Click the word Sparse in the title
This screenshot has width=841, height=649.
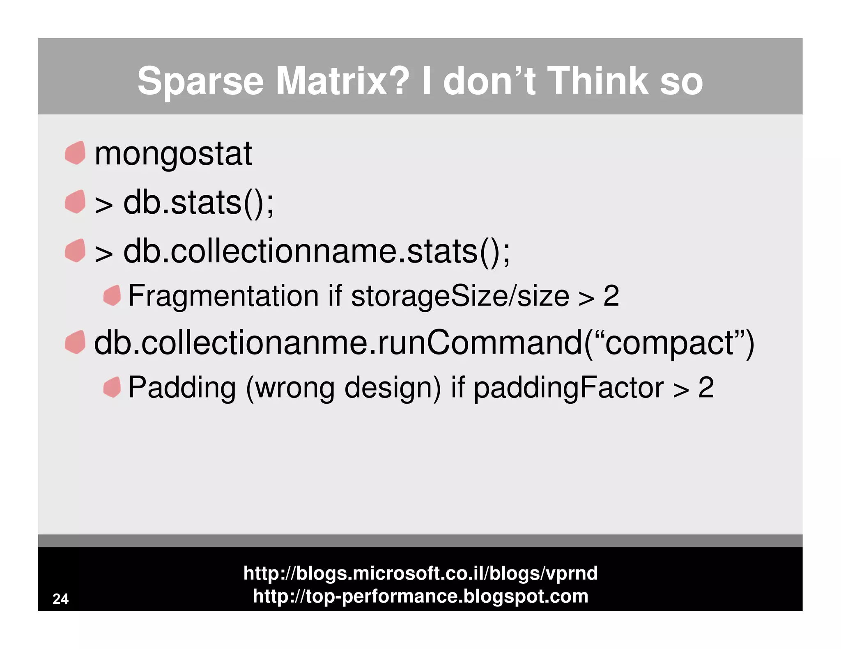pyautogui.click(x=200, y=81)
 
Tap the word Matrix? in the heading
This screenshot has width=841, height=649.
pyautogui.click(x=342, y=81)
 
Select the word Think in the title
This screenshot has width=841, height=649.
pyautogui.click(x=598, y=81)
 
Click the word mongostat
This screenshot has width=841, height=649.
pyautogui.click(x=173, y=154)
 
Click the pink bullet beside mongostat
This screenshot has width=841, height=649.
pyautogui.click(x=75, y=153)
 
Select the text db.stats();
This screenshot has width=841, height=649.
pyautogui.click(x=198, y=203)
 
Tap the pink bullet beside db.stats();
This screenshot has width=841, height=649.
pyautogui.click(x=75, y=201)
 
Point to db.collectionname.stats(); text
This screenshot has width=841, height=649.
pyautogui.click(x=316, y=251)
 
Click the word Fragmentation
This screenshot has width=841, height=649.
pyautogui.click(x=223, y=296)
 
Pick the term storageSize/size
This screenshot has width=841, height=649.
pyautogui.click(x=460, y=296)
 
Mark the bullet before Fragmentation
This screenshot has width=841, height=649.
pyautogui.click(x=112, y=295)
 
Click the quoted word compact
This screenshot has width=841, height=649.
pyautogui.click(x=669, y=343)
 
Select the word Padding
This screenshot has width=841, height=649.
pyautogui.click(x=182, y=387)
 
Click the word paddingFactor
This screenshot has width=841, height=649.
pyautogui.click(x=568, y=387)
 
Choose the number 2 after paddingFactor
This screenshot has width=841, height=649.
pyautogui.click(x=706, y=387)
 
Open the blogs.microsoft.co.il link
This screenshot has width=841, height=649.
pyautogui.click(x=420, y=573)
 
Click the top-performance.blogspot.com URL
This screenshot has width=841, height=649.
pyautogui.click(x=420, y=596)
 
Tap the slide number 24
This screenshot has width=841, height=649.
pyautogui.click(x=60, y=599)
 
